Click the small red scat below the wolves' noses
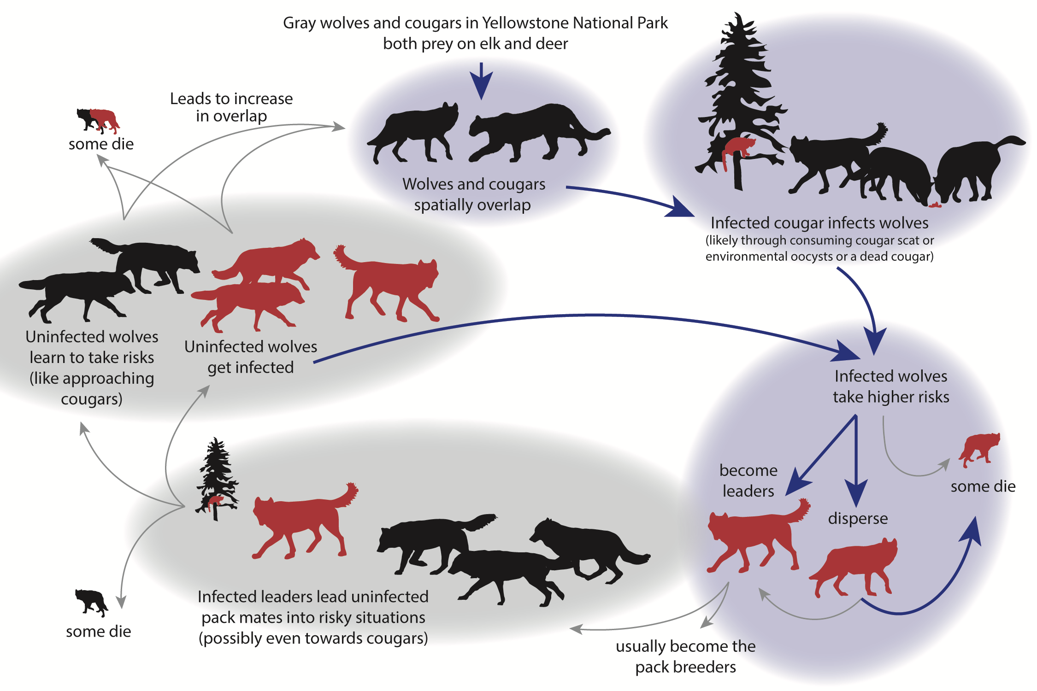(x=935, y=205)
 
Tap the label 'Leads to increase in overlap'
(x=231, y=107)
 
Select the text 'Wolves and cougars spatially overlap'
(x=473, y=194)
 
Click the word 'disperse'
(x=858, y=518)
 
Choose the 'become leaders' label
(x=748, y=480)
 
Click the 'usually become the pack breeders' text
(x=685, y=656)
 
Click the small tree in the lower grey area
(x=216, y=479)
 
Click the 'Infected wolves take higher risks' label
(x=890, y=386)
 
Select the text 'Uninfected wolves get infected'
(x=251, y=357)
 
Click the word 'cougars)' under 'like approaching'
(x=92, y=399)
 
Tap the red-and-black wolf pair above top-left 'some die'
(x=98, y=120)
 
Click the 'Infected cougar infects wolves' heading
(x=819, y=223)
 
